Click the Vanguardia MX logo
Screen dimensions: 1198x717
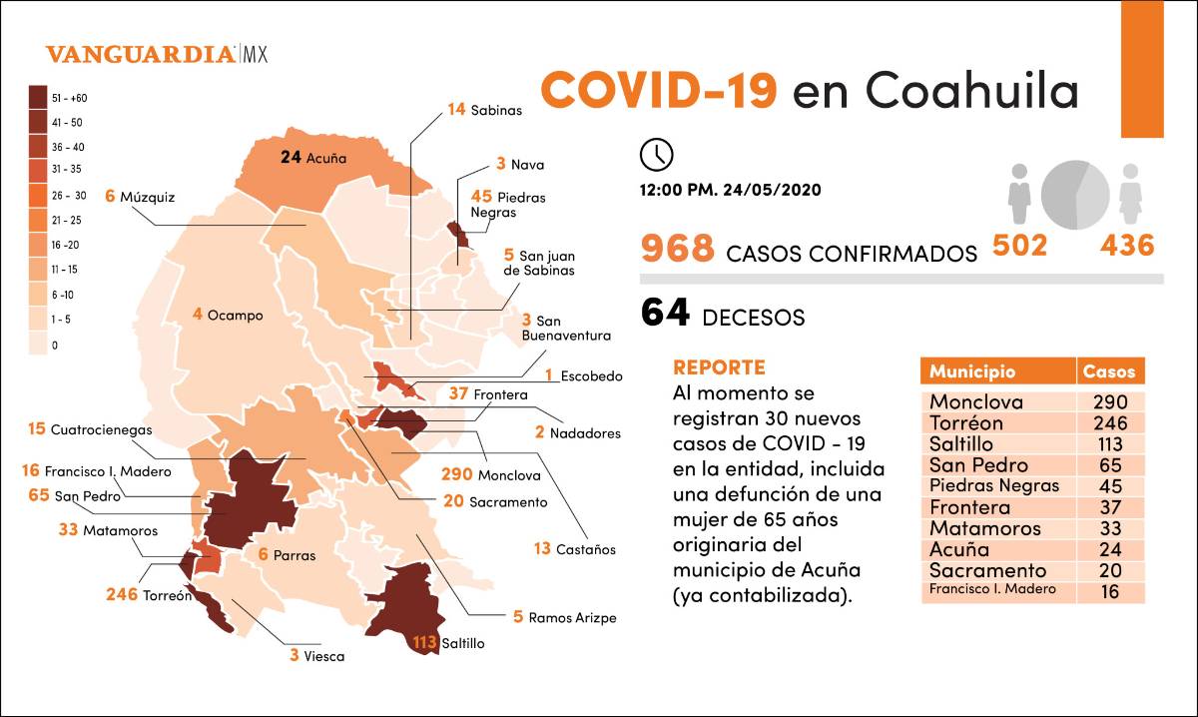(156, 55)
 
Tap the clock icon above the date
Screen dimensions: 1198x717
(656, 155)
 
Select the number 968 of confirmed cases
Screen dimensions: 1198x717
(678, 249)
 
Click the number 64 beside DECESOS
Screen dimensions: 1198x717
(665, 314)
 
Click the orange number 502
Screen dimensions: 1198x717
(1019, 246)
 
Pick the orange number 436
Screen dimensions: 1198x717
(1127, 246)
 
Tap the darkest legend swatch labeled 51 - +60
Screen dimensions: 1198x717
(41, 98)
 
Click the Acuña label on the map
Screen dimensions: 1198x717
(314, 157)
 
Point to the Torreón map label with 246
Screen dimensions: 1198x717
(149, 595)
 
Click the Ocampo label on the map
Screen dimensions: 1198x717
(228, 315)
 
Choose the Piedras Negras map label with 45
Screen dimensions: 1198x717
(508, 205)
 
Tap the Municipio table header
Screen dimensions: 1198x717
(972, 371)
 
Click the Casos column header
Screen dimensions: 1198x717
(1110, 371)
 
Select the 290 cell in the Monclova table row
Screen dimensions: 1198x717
(1110, 402)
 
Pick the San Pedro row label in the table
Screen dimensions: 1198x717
(977, 465)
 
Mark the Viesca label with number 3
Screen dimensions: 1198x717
(316, 656)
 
